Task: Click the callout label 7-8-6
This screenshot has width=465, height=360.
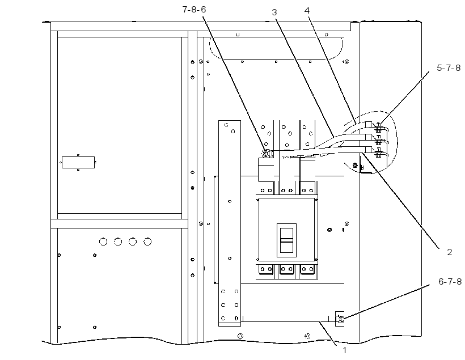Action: tap(194, 10)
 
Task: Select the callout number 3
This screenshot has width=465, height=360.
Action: tap(274, 12)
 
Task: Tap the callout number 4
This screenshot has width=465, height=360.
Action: tap(307, 11)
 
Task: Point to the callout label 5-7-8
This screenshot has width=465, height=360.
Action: tap(449, 68)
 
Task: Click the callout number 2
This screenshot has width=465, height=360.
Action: tap(450, 252)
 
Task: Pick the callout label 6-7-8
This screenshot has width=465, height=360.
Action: tap(450, 281)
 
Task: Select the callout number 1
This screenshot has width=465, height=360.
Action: tap(345, 350)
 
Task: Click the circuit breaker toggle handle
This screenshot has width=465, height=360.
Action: tap(286, 240)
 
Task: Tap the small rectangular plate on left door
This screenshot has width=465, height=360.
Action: tap(78, 162)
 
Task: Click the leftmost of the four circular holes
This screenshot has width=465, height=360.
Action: tap(103, 242)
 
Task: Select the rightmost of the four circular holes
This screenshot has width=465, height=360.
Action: tap(147, 242)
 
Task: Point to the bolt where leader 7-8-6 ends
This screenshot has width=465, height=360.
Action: tap(266, 154)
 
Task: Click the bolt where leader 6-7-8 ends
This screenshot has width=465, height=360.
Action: tap(340, 319)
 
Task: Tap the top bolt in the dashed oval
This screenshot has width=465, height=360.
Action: tap(378, 129)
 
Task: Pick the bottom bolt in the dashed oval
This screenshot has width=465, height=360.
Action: tap(378, 153)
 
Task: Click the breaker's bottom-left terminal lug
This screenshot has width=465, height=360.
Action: tap(266, 269)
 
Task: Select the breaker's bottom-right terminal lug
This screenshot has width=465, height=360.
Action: tap(307, 269)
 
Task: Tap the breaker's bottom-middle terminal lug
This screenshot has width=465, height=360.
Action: tap(286, 269)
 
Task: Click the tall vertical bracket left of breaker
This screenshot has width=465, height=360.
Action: tap(230, 223)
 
